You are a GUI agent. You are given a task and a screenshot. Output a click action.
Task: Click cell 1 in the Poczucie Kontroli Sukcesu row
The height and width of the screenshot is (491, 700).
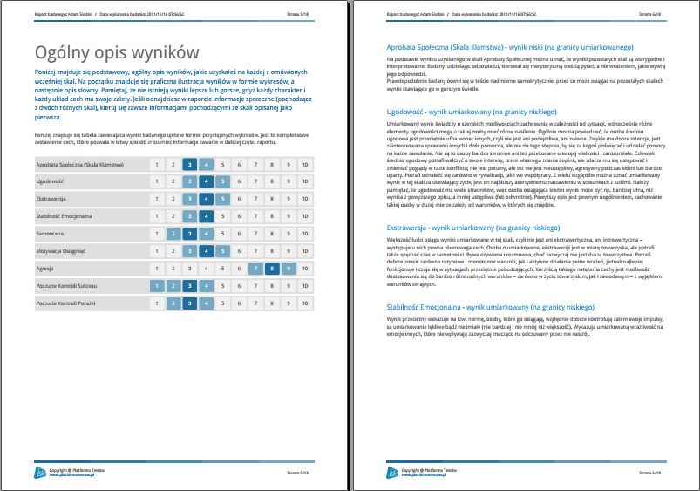[x=156, y=286]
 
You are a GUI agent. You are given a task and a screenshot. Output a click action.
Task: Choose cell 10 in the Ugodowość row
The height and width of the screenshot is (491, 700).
[x=304, y=181]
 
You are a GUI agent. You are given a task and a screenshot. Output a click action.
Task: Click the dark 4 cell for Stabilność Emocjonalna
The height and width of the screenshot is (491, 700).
[x=206, y=217]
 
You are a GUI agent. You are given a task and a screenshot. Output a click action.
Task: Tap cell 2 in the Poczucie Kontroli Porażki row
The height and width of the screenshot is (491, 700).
[x=173, y=303]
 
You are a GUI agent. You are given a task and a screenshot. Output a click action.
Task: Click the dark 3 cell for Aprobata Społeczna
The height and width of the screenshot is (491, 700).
[x=190, y=164]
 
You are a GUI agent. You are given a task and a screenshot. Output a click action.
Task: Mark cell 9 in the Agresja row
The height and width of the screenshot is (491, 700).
[x=289, y=269]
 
